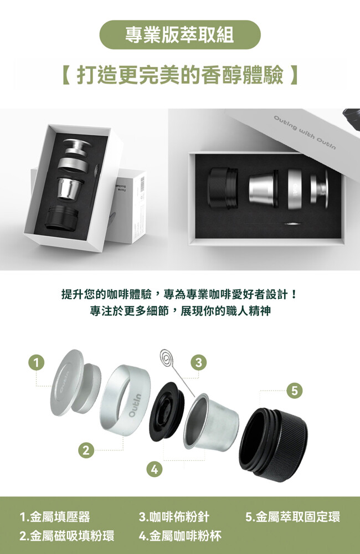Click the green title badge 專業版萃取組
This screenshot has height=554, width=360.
pos(180,34)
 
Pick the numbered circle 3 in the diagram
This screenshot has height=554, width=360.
pos(199,362)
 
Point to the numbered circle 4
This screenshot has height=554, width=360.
pos(153,470)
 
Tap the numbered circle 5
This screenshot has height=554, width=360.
pos(295,391)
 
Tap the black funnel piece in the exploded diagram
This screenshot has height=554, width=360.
pos(166,412)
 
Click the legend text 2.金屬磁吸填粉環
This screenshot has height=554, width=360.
pos(67,536)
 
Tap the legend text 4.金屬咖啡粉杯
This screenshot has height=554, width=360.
pos(180,536)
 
